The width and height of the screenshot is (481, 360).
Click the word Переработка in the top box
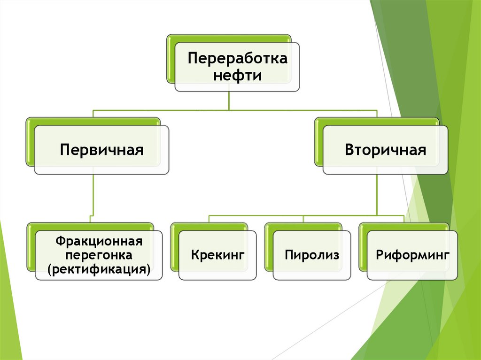(x=237, y=59)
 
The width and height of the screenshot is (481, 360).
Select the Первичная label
(x=101, y=150)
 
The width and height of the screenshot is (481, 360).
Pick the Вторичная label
(x=385, y=150)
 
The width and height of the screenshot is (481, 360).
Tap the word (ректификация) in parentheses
(x=99, y=270)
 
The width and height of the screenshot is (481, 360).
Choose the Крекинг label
(x=218, y=255)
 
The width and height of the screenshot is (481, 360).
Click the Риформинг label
(x=413, y=255)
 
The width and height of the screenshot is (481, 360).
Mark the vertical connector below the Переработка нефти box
(x=229, y=101)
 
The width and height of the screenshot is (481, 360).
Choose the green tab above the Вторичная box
(x=376, y=121)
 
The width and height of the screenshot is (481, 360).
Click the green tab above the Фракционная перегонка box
(x=89, y=226)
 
